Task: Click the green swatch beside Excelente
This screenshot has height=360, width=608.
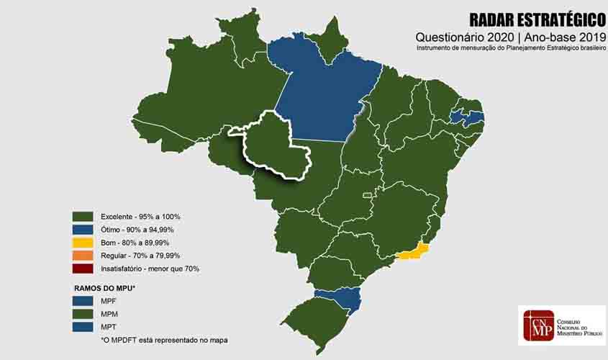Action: [83, 216]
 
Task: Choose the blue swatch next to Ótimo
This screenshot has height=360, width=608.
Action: [83, 229]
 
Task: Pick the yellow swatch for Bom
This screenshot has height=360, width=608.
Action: [83, 242]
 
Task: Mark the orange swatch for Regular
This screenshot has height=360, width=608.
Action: [83, 255]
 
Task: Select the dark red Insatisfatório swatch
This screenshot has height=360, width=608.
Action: [83, 268]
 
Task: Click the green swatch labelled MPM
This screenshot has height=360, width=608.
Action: [83, 313]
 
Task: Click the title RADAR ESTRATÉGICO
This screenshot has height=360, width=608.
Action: [536, 19]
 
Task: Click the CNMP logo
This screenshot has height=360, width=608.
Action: [561, 325]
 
